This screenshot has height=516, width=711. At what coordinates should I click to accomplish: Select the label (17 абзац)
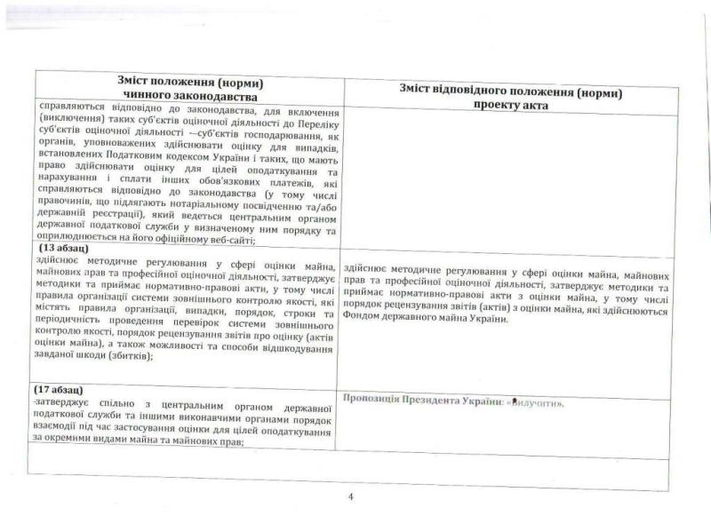pos(60,390)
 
